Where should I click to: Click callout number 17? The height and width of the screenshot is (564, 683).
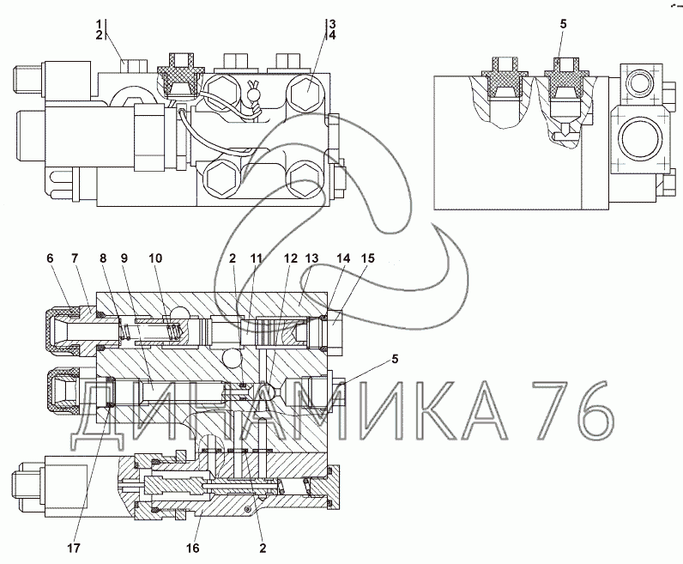[x=74, y=548]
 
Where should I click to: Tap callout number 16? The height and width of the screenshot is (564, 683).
[x=192, y=548]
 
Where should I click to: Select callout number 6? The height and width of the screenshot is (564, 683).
[x=50, y=258]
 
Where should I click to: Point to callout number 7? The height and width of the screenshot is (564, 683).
[x=74, y=258]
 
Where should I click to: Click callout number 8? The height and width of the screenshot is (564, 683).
[x=103, y=258]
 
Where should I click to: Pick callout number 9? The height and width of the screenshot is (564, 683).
[x=124, y=258]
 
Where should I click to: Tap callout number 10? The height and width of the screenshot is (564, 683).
[x=155, y=258]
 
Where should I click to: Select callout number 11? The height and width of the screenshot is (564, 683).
[x=256, y=258]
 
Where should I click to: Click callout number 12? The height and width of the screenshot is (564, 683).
[x=291, y=258]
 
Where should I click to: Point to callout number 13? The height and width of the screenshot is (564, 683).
[x=311, y=258]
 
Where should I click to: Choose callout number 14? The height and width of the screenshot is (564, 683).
[x=343, y=258]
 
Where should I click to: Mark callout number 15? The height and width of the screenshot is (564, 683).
[x=367, y=258]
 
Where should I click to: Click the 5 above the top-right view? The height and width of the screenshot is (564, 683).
[x=563, y=24]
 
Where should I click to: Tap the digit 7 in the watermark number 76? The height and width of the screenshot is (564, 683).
[x=550, y=410]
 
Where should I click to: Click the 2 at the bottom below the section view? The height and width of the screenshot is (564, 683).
[x=263, y=548]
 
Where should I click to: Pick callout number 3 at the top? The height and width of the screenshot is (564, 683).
[x=332, y=23]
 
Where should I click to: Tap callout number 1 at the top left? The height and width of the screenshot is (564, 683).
[x=100, y=23]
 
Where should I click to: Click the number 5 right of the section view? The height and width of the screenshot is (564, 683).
[x=395, y=359]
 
